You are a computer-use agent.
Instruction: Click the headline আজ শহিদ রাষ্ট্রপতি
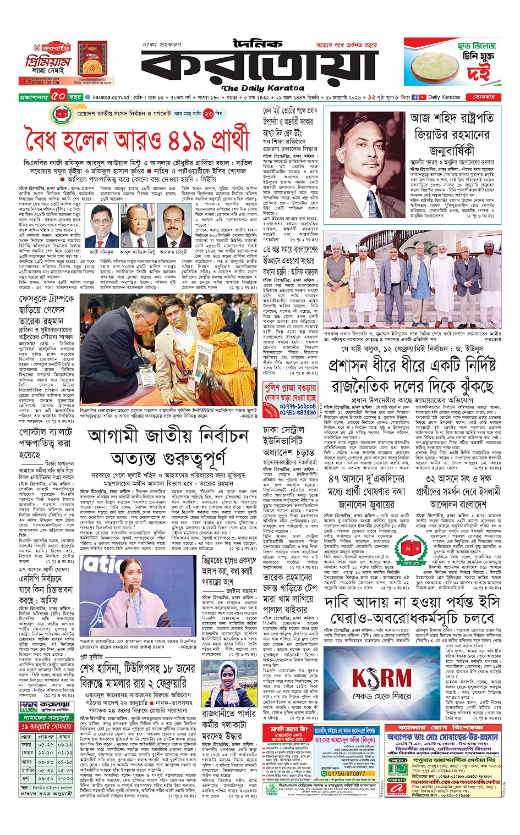(x=452, y=118)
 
